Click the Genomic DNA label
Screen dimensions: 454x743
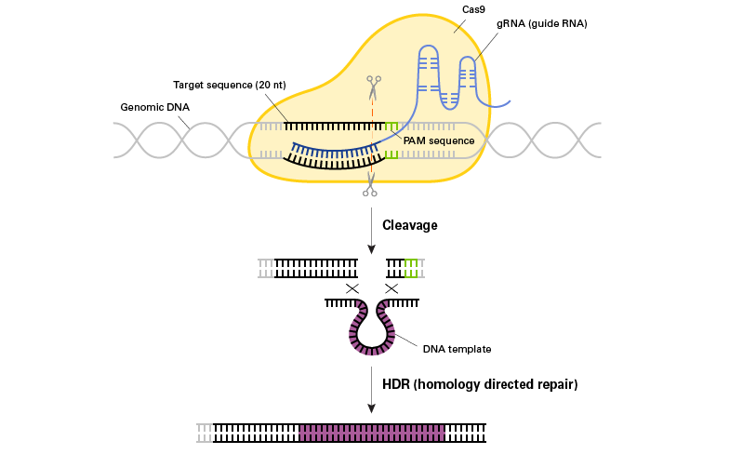150,107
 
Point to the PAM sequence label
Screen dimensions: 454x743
439,140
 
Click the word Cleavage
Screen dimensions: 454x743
409,225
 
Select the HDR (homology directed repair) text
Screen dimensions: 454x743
480,382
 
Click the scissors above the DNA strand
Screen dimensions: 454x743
372,89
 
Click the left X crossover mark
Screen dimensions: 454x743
352,288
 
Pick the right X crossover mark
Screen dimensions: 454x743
391,288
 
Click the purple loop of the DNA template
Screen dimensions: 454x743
372,335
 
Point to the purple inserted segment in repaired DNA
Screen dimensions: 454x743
372,433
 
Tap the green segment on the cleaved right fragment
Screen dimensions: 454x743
411,269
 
